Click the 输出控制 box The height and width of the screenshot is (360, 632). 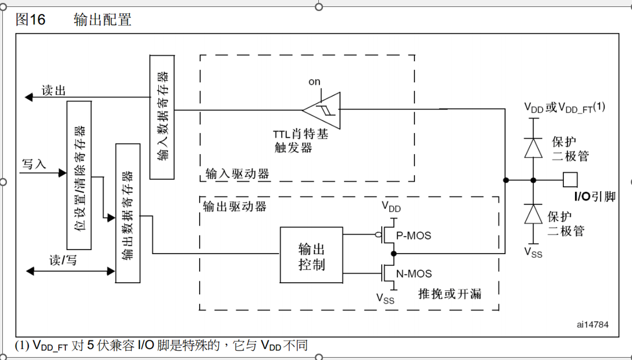311,255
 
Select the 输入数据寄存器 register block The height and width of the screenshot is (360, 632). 162,116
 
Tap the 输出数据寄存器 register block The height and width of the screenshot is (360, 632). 127,213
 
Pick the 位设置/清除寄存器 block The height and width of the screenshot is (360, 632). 80,174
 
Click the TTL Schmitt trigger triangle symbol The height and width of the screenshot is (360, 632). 322,109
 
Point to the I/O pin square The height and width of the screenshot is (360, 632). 570,180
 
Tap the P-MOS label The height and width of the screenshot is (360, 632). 414,236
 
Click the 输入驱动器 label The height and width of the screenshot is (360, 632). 237,174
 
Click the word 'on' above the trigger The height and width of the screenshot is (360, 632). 314,81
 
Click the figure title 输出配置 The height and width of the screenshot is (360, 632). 102,20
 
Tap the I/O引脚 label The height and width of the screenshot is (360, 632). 595,197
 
